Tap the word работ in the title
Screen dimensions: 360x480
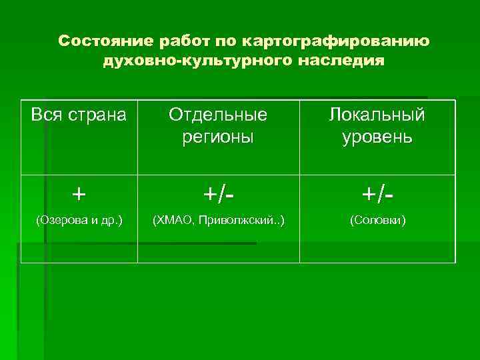[x=183, y=41]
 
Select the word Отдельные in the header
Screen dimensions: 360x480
[x=218, y=115]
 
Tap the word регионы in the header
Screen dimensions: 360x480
[x=218, y=137]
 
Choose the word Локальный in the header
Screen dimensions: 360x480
[x=377, y=115]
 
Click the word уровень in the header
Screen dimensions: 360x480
[x=377, y=137]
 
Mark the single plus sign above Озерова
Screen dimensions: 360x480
[x=79, y=194]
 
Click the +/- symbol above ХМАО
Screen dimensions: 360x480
[x=218, y=194]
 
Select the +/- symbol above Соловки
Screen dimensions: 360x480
[x=377, y=194]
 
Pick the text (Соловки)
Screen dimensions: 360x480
[x=377, y=219]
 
